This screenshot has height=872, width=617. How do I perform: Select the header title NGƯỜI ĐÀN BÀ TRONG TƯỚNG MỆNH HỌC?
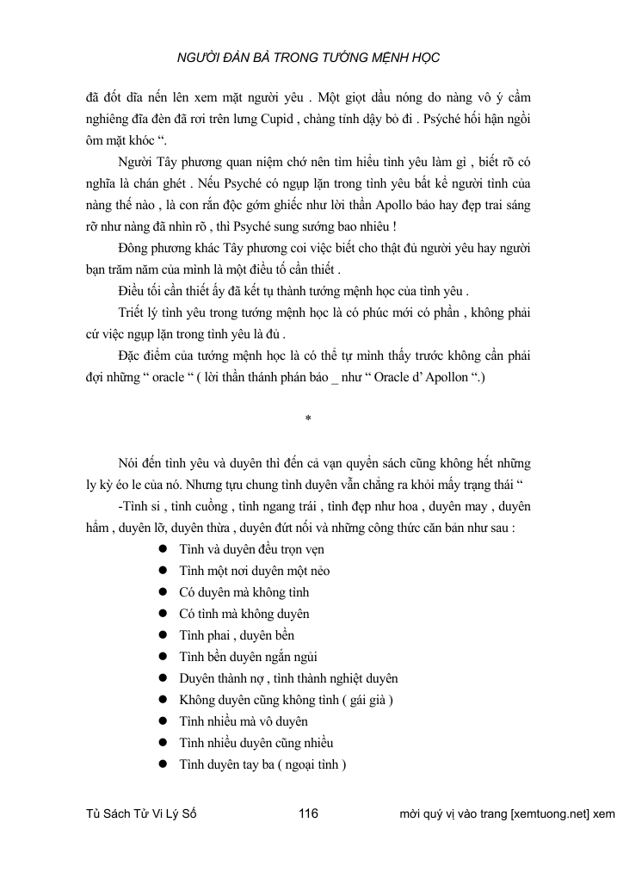tap(308, 58)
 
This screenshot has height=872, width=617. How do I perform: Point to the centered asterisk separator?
tap(308, 419)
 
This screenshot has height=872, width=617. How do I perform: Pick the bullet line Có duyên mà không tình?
tap(244, 592)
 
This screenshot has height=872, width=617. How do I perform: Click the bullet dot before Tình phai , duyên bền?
tap(163, 635)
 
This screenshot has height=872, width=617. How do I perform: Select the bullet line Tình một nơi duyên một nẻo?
tap(255, 571)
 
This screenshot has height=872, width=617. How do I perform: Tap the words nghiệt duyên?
tap(360, 678)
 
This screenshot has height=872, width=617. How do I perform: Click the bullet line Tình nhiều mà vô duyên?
tap(244, 721)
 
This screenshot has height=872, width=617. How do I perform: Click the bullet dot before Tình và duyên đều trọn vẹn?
tap(163, 549)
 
